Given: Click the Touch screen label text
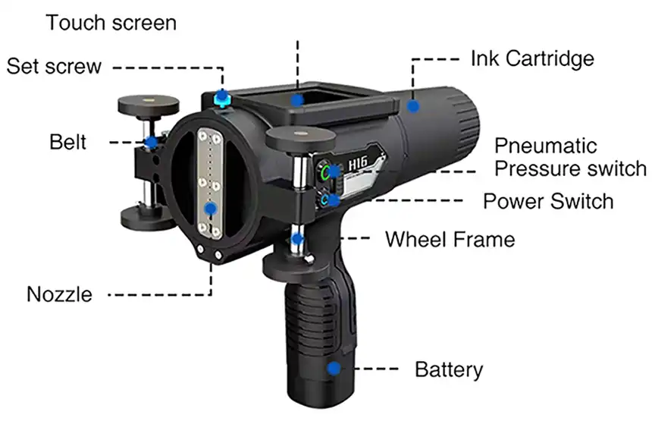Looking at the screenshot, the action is [111, 23].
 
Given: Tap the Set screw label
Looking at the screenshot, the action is [54, 66].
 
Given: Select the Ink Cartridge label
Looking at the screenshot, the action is [532, 58].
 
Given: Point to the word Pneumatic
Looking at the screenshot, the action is [546, 146].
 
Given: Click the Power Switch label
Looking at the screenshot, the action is [548, 201].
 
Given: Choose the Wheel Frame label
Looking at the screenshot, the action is [450, 240].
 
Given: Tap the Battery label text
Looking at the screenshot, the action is [449, 370].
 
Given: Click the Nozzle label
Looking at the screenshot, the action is [59, 294].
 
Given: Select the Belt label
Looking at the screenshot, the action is [67, 143].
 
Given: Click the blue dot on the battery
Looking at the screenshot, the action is [334, 368].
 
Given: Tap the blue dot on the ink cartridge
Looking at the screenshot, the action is [413, 106].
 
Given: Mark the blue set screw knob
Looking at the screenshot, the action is [222, 98].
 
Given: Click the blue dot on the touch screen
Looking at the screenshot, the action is [297, 100].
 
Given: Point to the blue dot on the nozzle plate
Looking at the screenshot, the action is [211, 209].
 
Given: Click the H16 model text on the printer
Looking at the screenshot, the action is [358, 163].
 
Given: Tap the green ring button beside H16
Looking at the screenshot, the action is [325, 171].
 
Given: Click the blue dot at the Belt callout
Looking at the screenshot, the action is [151, 143].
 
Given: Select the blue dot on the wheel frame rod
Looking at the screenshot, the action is [297, 239].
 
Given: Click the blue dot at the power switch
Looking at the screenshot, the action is [333, 200].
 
